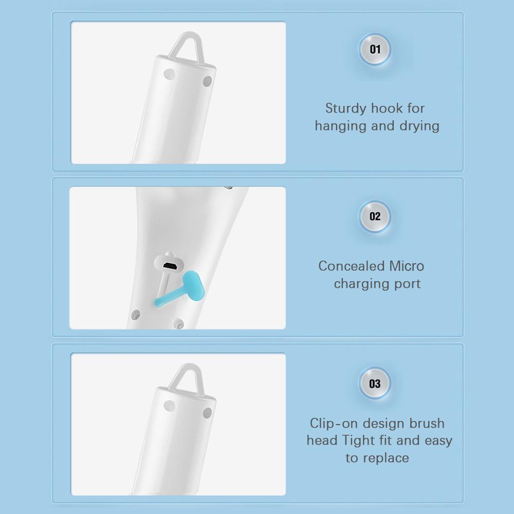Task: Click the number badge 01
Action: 375,49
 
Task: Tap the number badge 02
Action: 375,216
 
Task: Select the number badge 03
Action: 375,383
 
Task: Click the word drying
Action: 419,126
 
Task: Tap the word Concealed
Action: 351,266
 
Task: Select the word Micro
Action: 407,266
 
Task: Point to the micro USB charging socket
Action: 170,266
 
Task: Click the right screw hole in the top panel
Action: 208,81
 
